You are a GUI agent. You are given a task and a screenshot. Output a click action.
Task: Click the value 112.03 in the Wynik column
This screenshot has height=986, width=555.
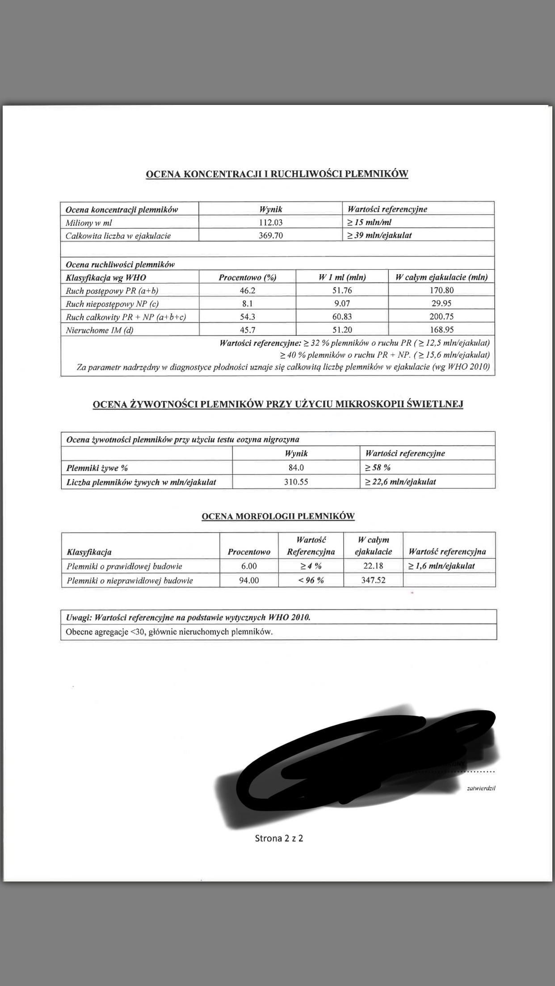point(271,222)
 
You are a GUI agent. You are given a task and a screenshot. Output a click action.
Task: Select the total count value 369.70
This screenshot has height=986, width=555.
point(271,235)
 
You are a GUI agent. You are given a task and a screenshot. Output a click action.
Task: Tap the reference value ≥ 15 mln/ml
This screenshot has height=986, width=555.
point(370,222)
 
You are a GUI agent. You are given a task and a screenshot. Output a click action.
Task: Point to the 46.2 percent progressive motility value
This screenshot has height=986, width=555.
point(247,290)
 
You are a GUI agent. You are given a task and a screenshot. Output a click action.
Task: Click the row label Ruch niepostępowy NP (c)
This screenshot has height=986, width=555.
point(112,304)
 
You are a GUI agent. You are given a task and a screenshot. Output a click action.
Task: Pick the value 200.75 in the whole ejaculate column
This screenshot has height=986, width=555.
point(441,317)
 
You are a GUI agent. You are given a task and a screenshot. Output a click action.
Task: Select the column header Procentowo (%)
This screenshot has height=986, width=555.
point(247,277)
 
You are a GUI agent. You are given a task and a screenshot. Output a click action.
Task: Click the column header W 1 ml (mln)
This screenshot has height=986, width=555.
point(342,277)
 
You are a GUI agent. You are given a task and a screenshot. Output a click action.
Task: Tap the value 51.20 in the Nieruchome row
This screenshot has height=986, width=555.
point(342,330)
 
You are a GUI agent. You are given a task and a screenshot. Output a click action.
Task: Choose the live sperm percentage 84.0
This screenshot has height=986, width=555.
point(296,468)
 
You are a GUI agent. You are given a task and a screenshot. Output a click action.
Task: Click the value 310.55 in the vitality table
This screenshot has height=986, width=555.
point(296,482)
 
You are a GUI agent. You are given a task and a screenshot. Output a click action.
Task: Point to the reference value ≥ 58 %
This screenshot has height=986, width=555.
point(378,468)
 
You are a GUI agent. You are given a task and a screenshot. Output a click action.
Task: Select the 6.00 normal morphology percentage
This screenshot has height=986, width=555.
point(249,566)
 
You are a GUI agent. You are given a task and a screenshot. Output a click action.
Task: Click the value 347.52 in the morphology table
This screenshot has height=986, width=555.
point(373,580)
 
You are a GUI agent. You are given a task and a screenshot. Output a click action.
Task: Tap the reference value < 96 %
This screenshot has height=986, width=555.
point(311,580)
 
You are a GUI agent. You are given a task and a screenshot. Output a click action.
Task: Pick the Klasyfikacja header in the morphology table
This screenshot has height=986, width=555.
point(89,552)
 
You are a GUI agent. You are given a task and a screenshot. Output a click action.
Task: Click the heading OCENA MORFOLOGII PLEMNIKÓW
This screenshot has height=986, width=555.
point(278,516)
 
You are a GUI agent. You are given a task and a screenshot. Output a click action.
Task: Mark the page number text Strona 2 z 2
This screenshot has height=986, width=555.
point(279,838)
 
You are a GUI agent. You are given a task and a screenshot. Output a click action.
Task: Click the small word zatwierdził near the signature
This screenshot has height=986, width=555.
point(481,788)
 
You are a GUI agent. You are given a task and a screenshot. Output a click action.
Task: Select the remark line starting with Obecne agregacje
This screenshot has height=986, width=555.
point(169,631)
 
